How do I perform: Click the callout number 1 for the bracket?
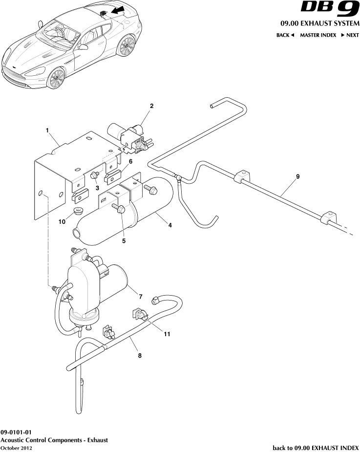pos(47,130)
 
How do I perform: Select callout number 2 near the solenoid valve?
pos(152,106)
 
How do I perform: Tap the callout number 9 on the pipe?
pos(297,176)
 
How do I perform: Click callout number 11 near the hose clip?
pos(167,335)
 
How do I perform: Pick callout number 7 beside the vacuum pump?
pos(140,297)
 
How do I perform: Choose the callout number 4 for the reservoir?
pos(170,226)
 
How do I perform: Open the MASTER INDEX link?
pos(318,35)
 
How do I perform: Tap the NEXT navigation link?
pos(350,35)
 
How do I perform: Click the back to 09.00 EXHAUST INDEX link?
pos(315,447)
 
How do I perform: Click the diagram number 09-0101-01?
pos(16,432)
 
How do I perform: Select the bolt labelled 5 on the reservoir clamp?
pos(121,210)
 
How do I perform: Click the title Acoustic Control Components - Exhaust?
pos(54,440)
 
